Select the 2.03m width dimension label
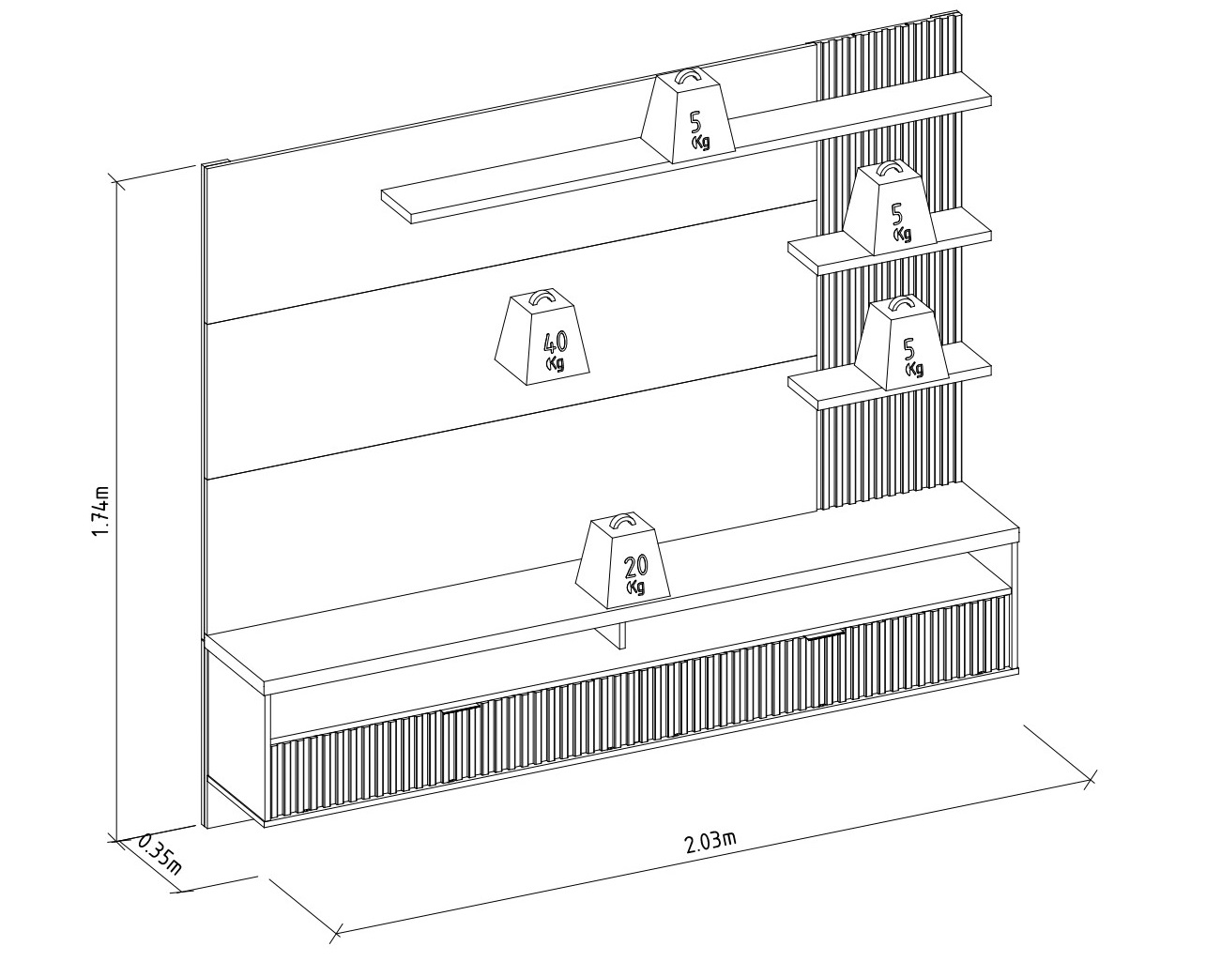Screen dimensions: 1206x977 (710, 842)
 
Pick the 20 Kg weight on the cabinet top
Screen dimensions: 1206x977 (622, 560)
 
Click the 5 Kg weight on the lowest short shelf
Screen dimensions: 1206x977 (901, 343)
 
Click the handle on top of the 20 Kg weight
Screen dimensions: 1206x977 (623, 519)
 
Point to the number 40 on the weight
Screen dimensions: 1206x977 (555, 343)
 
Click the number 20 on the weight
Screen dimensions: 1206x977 (635, 566)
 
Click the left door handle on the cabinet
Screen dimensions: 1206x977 (462, 709)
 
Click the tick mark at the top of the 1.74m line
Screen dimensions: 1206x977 (117, 182)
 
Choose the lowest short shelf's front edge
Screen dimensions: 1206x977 (905, 389)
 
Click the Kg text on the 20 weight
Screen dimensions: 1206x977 (635, 587)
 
